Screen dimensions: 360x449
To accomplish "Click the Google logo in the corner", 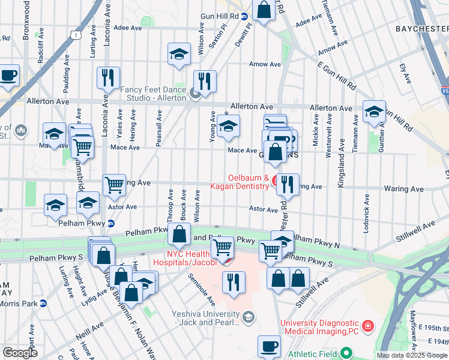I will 20,353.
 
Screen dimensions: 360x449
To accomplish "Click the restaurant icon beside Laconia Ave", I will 108,78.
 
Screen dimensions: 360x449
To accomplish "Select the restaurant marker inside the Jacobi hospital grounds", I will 234,282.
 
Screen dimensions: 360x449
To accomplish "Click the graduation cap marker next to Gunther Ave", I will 374,112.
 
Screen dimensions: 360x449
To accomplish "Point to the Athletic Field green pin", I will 345,353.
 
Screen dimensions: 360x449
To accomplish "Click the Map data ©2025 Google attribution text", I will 411,355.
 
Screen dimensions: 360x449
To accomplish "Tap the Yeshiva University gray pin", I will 249,316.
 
